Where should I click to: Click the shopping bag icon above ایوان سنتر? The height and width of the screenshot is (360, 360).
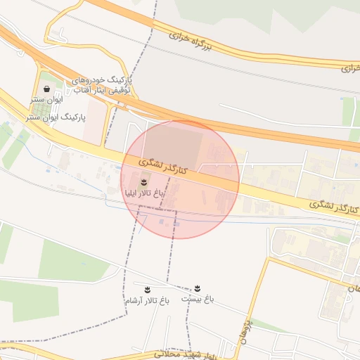pos(46,89)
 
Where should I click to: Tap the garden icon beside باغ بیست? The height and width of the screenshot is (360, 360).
pos(198,288)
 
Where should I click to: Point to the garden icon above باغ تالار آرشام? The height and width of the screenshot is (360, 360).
pos(148,289)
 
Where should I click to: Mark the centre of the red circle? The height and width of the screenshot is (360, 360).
pos(181,179)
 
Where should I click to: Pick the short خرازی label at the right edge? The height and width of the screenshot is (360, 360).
pos(349,68)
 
